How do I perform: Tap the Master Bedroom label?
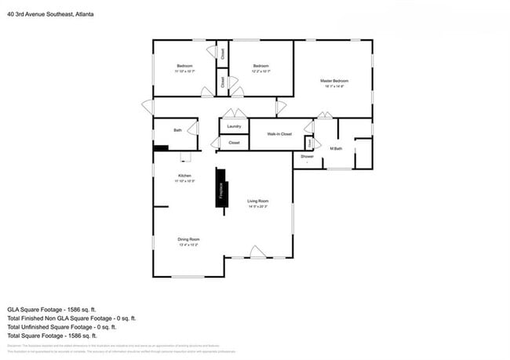point(333,81)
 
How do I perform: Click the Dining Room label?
point(188,239)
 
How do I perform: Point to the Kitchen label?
point(184,176)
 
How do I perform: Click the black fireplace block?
point(221,188)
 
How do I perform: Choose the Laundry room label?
point(233,126)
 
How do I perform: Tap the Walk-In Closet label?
point(279,134)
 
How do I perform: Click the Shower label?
point(307,156)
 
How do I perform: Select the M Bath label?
point(336,148)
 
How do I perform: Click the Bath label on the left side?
point(177,131)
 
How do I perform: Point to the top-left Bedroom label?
point(184,65)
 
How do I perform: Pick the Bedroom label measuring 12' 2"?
point(260,65)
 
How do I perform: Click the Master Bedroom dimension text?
point(333,87)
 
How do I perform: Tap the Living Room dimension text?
point(258,207)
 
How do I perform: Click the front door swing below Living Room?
point(257,252)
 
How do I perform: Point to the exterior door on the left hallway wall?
point(148,107)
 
